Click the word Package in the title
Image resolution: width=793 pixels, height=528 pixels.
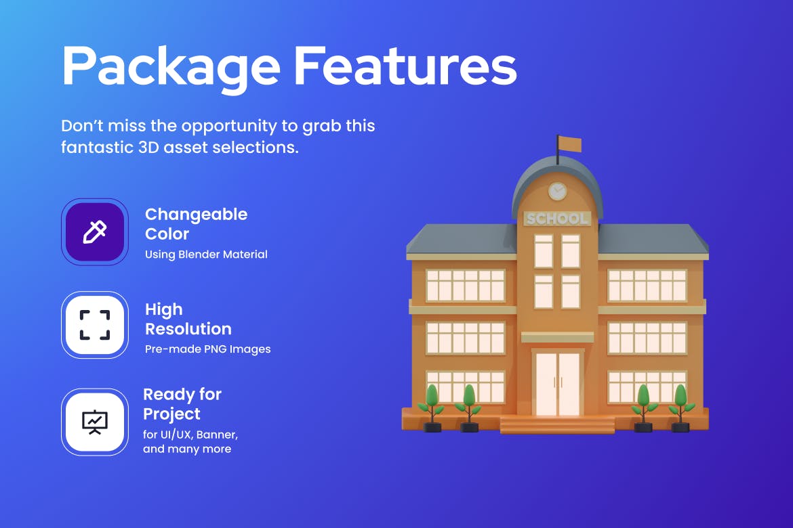click(x=171, y=68)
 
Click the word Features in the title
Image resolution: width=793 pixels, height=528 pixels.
click(x=405, y=65)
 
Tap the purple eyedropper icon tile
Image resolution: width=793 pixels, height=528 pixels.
click(x=95, y=232)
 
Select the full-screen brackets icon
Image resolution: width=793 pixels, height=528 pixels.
click(x=95, y=325)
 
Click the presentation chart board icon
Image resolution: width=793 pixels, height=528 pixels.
click(x=95, y=422)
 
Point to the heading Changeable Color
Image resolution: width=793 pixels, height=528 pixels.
click(x=197, y=224)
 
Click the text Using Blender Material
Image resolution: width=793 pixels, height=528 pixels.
click(x=206, y=254)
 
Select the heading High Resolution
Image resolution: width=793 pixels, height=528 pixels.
click(x=188, y=319)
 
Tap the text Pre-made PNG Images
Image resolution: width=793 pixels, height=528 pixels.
click(x=208, y=349)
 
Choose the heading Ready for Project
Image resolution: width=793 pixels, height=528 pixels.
click(x=182, y=404)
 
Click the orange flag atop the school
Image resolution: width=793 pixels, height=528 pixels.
click(x=570, y=145)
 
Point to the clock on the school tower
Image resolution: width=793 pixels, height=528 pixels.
click(x=557, y=191)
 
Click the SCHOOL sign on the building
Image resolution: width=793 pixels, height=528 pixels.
click(x=557, y=218)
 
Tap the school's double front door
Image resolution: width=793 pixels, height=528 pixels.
click(x=557, y=384)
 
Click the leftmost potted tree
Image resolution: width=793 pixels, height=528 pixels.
click(x=431, y=408)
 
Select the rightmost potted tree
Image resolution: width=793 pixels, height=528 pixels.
click(x=680, y=408)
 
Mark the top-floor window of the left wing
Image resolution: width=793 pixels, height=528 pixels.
click(x=465, y=286)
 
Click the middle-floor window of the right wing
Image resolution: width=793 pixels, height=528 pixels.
click(x=647, y=338)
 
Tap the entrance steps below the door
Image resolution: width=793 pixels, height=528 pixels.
click(x=557, y=425)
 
